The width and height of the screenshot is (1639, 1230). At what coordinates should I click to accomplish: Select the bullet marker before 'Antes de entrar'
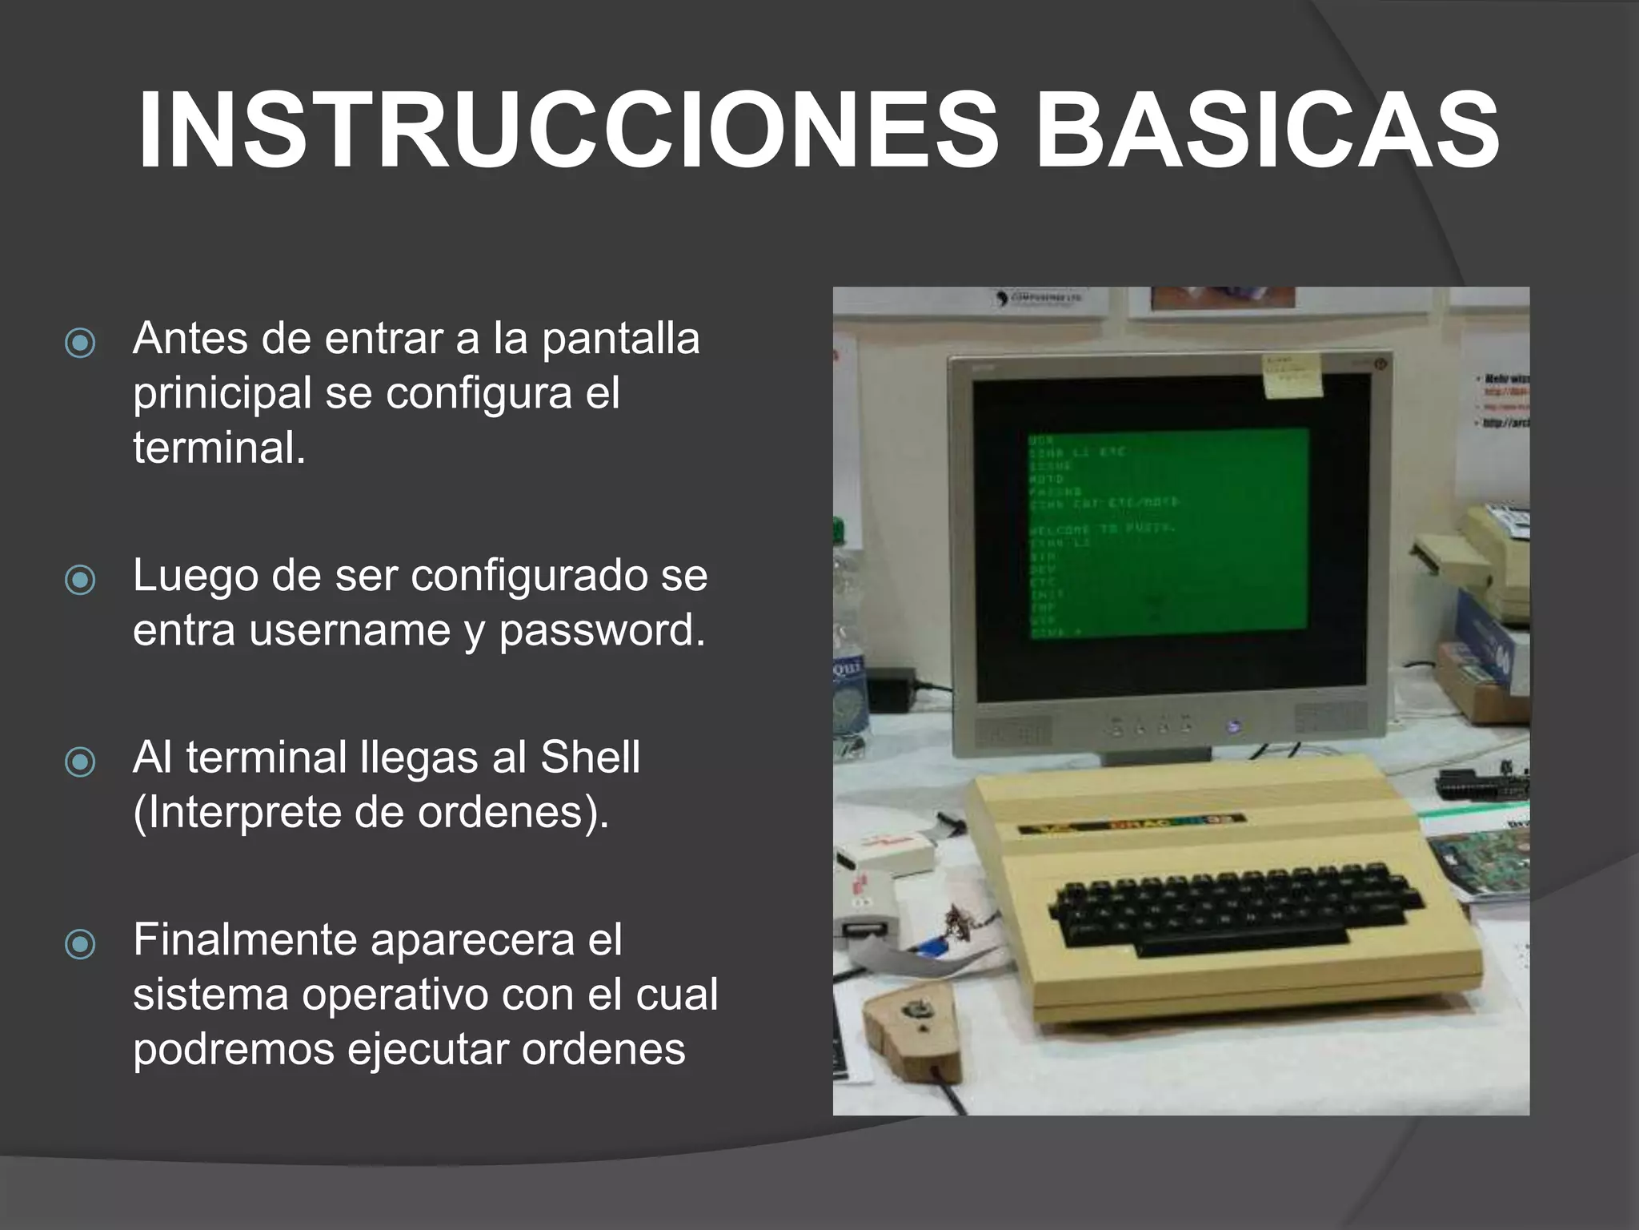[x=80, y=343]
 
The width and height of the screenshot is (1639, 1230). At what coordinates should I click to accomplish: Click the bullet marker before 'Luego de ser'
[x=80, y=580]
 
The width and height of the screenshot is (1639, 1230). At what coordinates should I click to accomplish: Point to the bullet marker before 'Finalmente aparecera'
[x=80, y=944]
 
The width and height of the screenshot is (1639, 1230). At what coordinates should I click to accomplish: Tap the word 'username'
[x=350, y=630]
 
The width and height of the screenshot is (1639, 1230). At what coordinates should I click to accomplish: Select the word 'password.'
[x=603, y=630]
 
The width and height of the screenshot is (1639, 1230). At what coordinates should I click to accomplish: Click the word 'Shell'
[x=591, y=758]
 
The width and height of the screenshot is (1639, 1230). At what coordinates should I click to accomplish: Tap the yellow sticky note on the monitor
[x=1292, y=376]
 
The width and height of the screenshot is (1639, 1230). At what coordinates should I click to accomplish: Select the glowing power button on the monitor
[x=1233, y=727]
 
